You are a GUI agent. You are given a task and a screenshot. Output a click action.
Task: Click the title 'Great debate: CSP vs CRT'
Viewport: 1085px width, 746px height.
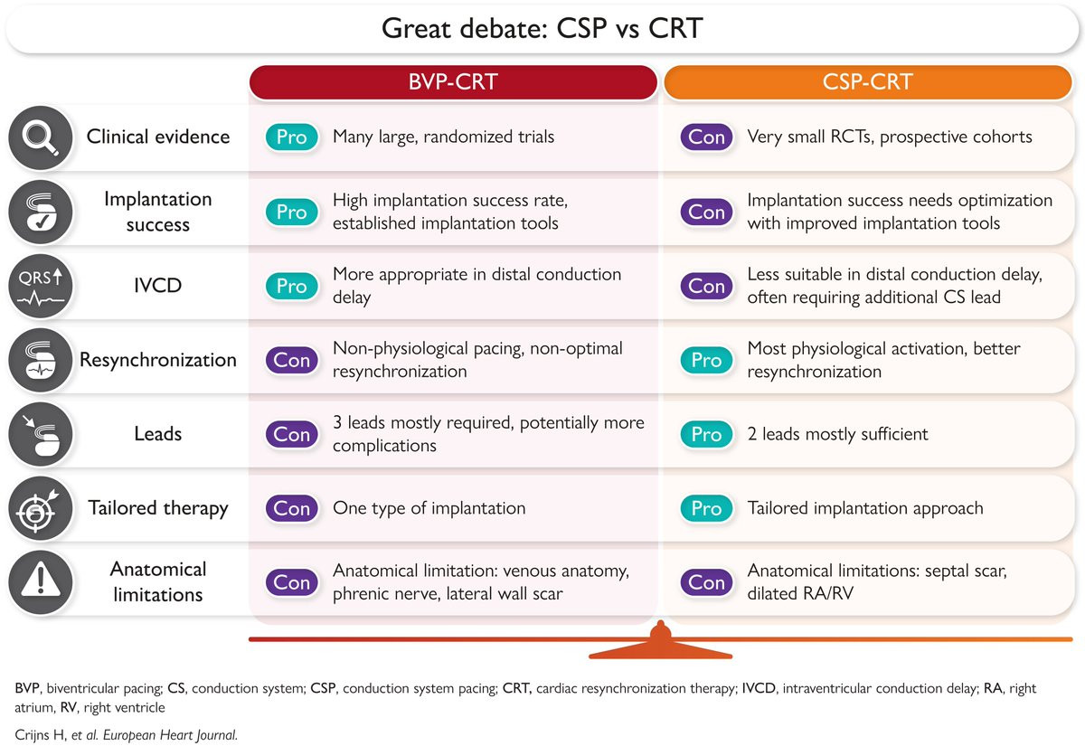tap(542, 28)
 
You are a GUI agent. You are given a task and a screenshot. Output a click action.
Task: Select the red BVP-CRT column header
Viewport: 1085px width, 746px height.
tap(453, 82)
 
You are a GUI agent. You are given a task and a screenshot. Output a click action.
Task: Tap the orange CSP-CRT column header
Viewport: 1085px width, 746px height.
tap(867, 82)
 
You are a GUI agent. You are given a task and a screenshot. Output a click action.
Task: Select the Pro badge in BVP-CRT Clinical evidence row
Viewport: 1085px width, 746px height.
tap(292, 137)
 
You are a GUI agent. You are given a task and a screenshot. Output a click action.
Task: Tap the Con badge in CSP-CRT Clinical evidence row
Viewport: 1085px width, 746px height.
tap(706, 137)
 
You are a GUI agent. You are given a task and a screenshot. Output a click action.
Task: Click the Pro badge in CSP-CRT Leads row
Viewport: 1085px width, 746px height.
tap(706, 434)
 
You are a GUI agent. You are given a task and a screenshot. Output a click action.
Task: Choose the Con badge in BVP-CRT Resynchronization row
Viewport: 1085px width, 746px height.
tap(292, 360)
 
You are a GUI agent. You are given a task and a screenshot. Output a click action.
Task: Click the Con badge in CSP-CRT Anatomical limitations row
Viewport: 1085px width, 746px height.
tap(706, 582)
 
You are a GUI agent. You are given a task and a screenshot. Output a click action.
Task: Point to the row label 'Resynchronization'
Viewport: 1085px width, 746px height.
tap(158, 360)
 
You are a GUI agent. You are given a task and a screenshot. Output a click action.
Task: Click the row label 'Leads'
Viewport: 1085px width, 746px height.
tap(158, 434)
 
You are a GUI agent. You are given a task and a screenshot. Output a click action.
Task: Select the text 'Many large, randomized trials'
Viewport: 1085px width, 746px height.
tap(443, 137)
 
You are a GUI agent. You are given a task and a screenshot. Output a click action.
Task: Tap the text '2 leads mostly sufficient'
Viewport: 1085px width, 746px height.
tap(837, 434)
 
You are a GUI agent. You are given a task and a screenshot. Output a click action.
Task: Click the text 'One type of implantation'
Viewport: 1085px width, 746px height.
tap(429, 508)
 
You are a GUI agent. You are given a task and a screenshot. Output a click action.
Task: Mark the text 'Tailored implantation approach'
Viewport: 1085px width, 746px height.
tap(865, 508)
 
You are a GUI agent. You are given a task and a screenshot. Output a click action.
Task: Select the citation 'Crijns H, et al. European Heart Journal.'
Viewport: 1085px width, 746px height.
tap(127, 734)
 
